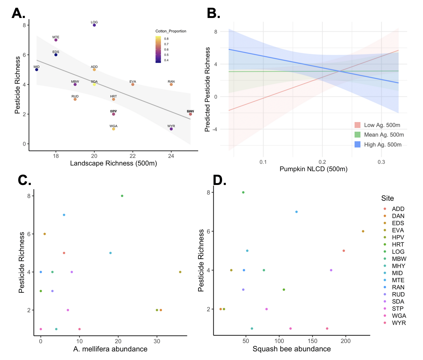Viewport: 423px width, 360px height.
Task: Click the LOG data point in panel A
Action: click(x=94, y=25)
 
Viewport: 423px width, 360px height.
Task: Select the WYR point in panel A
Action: click(x=171, y=129)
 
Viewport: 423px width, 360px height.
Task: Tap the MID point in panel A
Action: click(x=37, y=70)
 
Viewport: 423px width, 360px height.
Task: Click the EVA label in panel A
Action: click(x=133, y=82)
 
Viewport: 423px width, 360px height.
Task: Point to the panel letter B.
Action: click(x=213, y=13)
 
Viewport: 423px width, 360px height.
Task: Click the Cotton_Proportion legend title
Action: click(x=171, y=31)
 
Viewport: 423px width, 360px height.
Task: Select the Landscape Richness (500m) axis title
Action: click(x=113, y=163)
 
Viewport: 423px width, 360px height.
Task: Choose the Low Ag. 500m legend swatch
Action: click(x=357, y=125)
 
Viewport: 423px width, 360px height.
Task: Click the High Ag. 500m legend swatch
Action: click(x=357, y=144)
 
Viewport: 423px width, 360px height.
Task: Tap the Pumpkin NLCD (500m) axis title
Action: click(x=313, y=169)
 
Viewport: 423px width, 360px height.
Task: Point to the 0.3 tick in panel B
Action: click(x=381, y=162)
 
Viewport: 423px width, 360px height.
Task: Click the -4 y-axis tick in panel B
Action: click(x=215, y=129)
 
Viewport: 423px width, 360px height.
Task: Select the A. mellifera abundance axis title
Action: click(x=110, y=349)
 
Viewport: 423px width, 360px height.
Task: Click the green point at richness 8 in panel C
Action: click(x=122, y=196)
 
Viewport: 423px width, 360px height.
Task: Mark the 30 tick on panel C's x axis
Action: click(x=157, y=341)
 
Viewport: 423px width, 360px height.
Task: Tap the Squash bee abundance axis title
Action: click(x=291, y=349)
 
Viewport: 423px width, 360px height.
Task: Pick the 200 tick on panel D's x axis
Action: click(x=346, y=341)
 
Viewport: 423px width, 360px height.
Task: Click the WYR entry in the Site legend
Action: click(x=399, y=323)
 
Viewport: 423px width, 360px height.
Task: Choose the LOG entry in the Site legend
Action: click(x=398, y=252)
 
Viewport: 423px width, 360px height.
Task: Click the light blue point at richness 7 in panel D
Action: click(x=296, y=212)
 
